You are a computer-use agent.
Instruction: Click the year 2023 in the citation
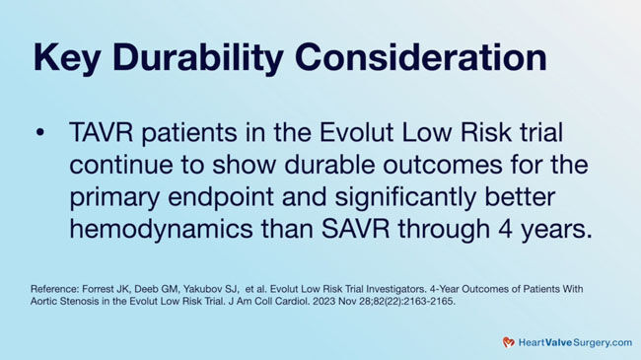[390, 301]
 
